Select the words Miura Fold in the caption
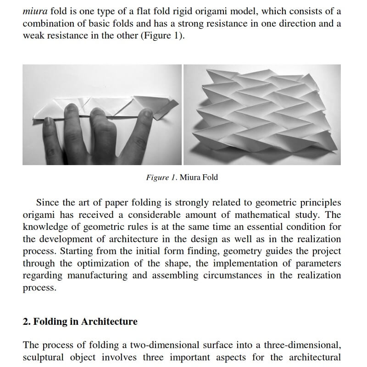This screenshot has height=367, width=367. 199,177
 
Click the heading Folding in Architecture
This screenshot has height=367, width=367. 80,322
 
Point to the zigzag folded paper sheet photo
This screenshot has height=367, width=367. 262,115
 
